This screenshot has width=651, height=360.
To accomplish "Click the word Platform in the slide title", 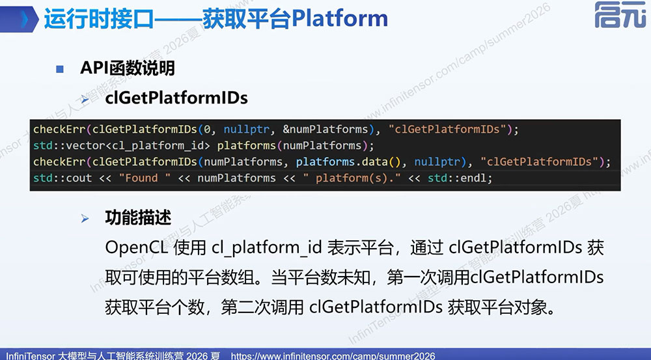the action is (340, 18).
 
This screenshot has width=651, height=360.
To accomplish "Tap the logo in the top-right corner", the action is (620, 15).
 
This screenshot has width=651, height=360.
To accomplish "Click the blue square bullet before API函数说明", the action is (60, 69).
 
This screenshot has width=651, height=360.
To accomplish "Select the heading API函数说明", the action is (128, 68).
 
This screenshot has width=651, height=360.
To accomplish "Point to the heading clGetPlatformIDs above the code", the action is (176, 98).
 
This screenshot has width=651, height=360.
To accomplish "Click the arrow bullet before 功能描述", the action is (85, 218).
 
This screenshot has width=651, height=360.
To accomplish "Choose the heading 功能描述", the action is (138, 217).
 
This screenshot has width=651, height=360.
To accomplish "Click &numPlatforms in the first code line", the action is (325, 129).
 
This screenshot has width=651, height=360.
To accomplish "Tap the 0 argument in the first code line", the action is (207, 130).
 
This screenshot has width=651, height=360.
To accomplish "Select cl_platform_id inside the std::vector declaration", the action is (158, 146).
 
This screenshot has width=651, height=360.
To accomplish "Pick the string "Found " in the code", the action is (145, 178).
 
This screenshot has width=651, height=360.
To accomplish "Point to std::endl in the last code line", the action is (457, 178).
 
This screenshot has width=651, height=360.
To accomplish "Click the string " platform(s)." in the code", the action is (352, 178).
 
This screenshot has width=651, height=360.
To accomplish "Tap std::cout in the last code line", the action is (62, 178).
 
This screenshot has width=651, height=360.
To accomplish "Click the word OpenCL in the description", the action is (137, 248).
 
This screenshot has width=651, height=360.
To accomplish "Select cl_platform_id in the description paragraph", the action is (266, 248).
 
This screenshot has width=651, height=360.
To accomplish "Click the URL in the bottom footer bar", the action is (333, 356).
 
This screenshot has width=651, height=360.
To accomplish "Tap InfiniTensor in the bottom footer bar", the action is (30, 356).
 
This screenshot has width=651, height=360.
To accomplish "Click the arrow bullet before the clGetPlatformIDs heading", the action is (85, 99).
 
